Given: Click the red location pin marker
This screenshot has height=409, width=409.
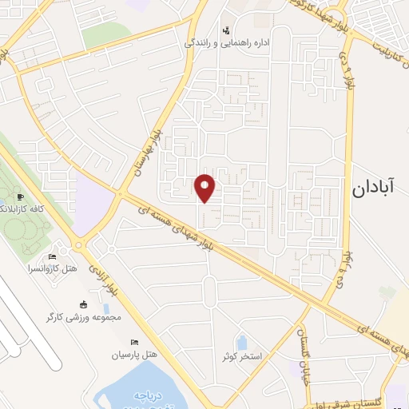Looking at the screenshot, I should click(x=205, y=187).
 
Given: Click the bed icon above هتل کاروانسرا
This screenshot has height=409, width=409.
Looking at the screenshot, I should click(x=53, y=256).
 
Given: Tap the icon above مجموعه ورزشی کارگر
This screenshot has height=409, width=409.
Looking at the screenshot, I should click(x=82, y=304).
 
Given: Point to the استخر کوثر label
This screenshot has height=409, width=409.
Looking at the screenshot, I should click(x=244, y=355).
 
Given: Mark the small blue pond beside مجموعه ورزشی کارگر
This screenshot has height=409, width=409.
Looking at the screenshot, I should click(x=106, y=308).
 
